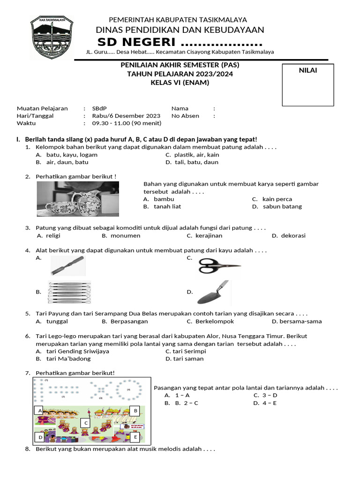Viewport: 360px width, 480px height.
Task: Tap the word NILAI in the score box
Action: (307, 70)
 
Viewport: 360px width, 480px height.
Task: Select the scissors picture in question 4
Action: (219, 266)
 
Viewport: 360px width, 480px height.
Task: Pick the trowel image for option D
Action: (213, 292)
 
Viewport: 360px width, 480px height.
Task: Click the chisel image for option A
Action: (68, 265)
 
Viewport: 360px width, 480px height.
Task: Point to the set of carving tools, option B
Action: (69, 292)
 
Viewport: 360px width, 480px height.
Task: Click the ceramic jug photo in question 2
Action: (78, 199)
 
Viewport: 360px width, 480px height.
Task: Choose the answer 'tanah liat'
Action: (167, 206)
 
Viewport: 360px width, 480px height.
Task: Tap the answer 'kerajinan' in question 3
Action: (209, 235)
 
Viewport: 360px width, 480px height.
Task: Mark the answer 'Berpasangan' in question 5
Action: (129, 321)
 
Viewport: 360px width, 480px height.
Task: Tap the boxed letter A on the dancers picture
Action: (40, 411)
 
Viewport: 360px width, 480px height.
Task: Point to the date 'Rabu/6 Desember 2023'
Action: (127, 116)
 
